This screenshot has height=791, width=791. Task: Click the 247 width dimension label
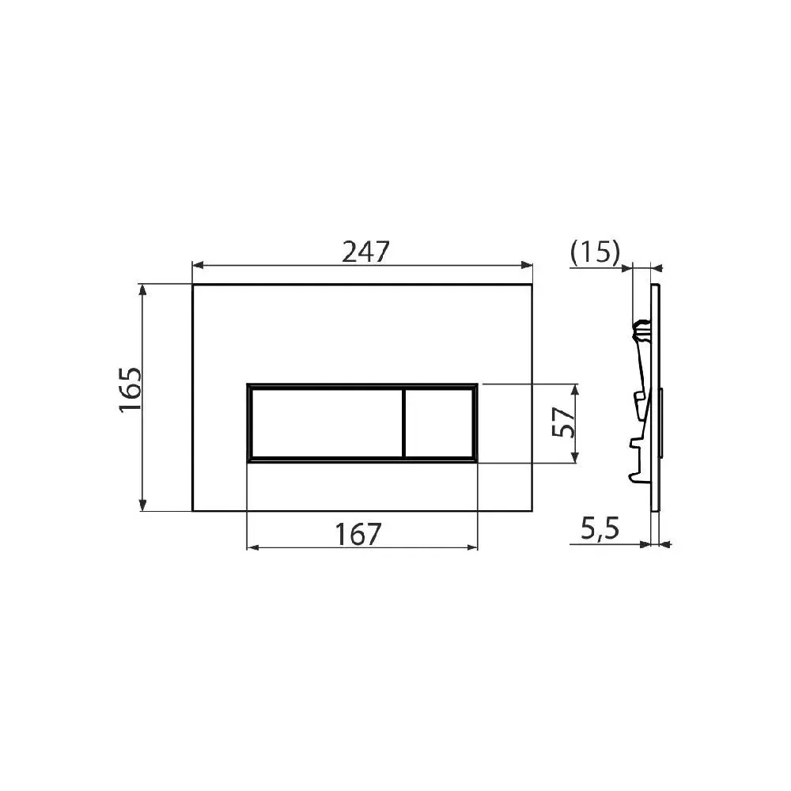point(365,252)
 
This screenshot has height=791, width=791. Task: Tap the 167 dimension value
point(358,534)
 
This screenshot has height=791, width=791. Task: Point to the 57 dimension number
point(563,422)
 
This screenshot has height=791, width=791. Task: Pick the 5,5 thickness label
point(600,528)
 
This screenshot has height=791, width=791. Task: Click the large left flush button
point(327,422)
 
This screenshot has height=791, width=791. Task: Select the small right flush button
point(439,422)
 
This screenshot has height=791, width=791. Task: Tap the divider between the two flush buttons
point(404,422)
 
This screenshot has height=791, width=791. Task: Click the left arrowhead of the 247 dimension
point(198,265)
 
